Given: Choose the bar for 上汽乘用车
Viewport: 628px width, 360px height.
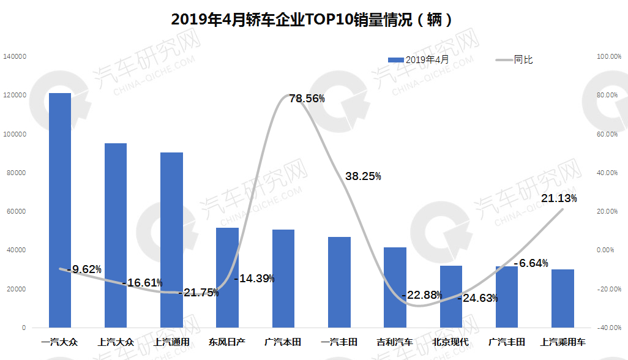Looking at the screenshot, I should (x=563, y=298).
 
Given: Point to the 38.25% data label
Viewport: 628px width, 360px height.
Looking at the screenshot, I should (x=363, y=176).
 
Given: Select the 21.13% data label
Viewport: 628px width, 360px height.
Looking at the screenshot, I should (x=559, y=198).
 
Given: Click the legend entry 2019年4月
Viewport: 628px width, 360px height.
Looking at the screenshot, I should (x=419, y=59).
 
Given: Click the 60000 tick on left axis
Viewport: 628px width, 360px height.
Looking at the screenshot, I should (x=17, y=211).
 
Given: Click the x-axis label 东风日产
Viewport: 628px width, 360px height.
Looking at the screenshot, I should (x=227, y=342).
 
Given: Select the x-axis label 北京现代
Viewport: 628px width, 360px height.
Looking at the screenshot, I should (x=450, y=342).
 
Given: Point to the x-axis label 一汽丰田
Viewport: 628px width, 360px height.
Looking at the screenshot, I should (x=339, y=342).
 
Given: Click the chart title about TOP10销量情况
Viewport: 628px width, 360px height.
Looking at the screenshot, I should (x=313, y=20).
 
